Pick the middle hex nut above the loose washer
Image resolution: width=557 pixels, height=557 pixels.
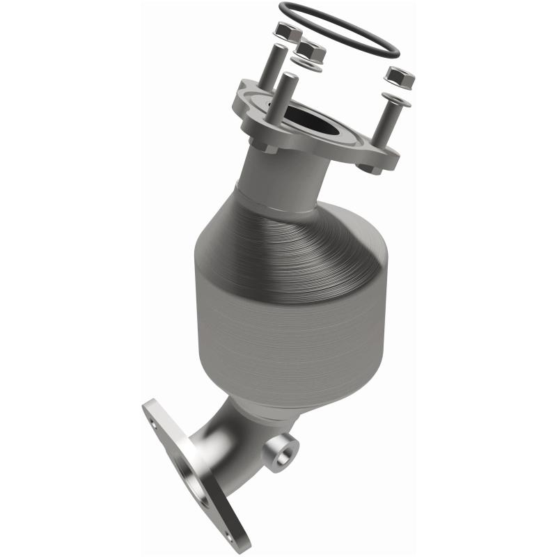pos(310,51)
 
